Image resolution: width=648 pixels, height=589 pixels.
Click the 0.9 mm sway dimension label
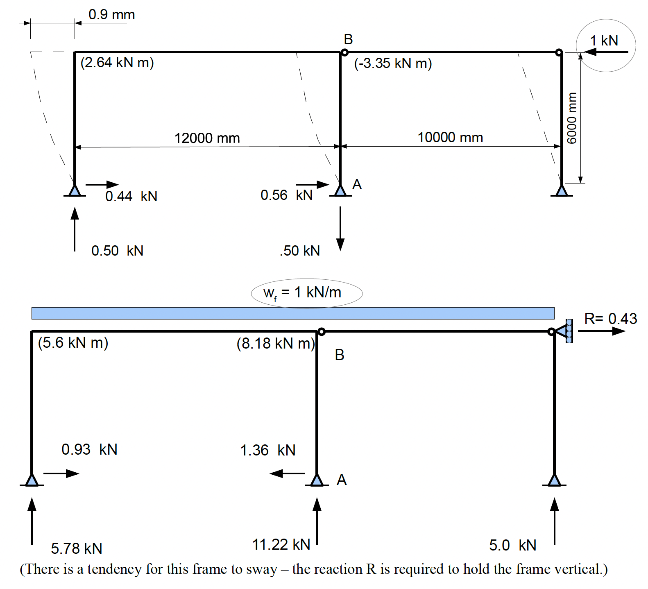111,15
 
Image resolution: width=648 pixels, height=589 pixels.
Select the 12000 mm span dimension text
207,138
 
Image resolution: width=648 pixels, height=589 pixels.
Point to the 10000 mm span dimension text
450,137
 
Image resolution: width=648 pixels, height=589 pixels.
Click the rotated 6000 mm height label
571,118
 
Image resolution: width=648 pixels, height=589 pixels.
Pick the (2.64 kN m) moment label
117,63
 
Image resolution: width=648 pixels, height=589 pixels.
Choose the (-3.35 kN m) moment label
392,63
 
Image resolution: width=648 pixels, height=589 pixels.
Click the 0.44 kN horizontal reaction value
131,196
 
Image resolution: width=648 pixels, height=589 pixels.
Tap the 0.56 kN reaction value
286,195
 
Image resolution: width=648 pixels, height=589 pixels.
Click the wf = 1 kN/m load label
302,292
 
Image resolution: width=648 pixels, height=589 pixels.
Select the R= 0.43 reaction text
610,319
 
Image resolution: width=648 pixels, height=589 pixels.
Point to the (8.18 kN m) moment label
276,343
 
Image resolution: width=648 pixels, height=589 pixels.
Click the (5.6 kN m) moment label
73,342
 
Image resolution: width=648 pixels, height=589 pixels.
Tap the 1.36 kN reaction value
267,450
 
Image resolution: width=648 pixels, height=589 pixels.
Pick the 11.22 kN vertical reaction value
281,544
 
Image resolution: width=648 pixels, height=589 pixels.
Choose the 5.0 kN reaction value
512,545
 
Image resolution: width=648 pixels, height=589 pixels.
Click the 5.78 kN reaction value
76,548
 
